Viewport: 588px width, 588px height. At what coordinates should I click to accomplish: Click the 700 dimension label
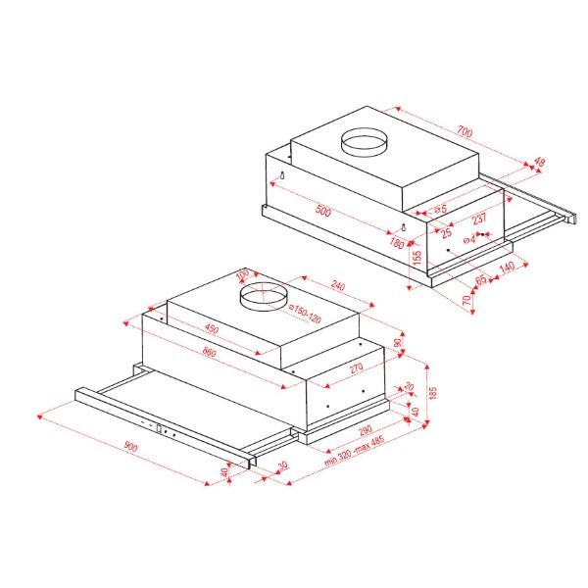(465, 132)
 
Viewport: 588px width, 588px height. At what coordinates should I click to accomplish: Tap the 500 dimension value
(322, 211)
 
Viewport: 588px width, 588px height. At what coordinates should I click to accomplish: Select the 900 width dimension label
(130, 446)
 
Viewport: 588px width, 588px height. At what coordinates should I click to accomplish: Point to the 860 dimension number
(210, 352)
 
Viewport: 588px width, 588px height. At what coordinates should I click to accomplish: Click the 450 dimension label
(212, 328)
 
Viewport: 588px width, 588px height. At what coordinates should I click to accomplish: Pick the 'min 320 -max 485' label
(354, 451)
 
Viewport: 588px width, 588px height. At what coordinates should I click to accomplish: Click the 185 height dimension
(433, 393)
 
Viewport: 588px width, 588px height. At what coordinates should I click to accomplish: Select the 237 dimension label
(479, 219)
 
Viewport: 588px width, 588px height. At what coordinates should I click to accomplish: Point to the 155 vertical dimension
(417, 258)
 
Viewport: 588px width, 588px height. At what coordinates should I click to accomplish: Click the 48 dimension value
(539, 163)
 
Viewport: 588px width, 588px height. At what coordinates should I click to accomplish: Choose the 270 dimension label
(357, 367)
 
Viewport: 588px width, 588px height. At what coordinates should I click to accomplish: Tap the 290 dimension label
(365, 430)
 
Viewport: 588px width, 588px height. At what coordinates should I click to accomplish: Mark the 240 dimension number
(338, 286)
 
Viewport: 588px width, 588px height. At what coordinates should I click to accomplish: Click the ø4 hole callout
(469, 239)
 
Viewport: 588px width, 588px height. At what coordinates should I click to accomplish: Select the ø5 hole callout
(441, 209)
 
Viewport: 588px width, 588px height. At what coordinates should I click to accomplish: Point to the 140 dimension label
(507, 268)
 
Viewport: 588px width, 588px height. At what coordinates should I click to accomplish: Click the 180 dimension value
(397, 243)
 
